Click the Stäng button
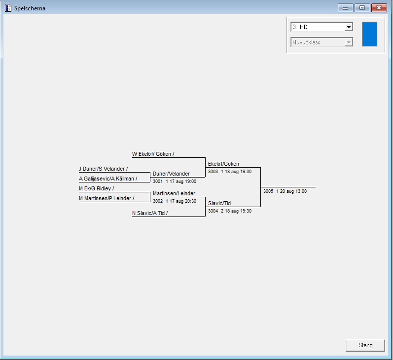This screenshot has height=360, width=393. coord(365,345)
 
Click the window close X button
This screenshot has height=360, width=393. coord(379,8)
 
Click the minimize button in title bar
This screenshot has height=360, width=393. coord(345,8)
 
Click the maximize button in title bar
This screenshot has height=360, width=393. coord(361,8)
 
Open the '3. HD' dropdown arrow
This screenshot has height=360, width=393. coord(349,27)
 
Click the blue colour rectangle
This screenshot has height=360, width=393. coord(369,34)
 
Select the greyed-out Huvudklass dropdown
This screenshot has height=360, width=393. coord(322,42)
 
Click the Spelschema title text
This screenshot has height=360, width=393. coord(30,8)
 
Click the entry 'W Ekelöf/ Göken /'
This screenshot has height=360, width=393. coord(153,154)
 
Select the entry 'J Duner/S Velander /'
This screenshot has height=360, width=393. coord(103,169)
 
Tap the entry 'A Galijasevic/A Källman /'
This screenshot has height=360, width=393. coord(108,179)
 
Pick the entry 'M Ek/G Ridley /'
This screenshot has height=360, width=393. coord(96,188)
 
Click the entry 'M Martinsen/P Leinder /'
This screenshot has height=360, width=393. coord(106,198)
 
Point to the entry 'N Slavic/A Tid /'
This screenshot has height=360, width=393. coord(150,213)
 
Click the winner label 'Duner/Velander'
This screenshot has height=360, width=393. coord(171,174)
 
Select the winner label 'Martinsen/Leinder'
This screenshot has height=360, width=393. coord(174,193)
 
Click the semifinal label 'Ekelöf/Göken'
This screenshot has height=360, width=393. coord(223,164)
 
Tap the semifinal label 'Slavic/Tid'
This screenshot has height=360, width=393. coord(219,203)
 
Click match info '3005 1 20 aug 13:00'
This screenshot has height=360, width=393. coord(285,191)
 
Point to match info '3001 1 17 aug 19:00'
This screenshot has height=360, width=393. coord(174,181)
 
